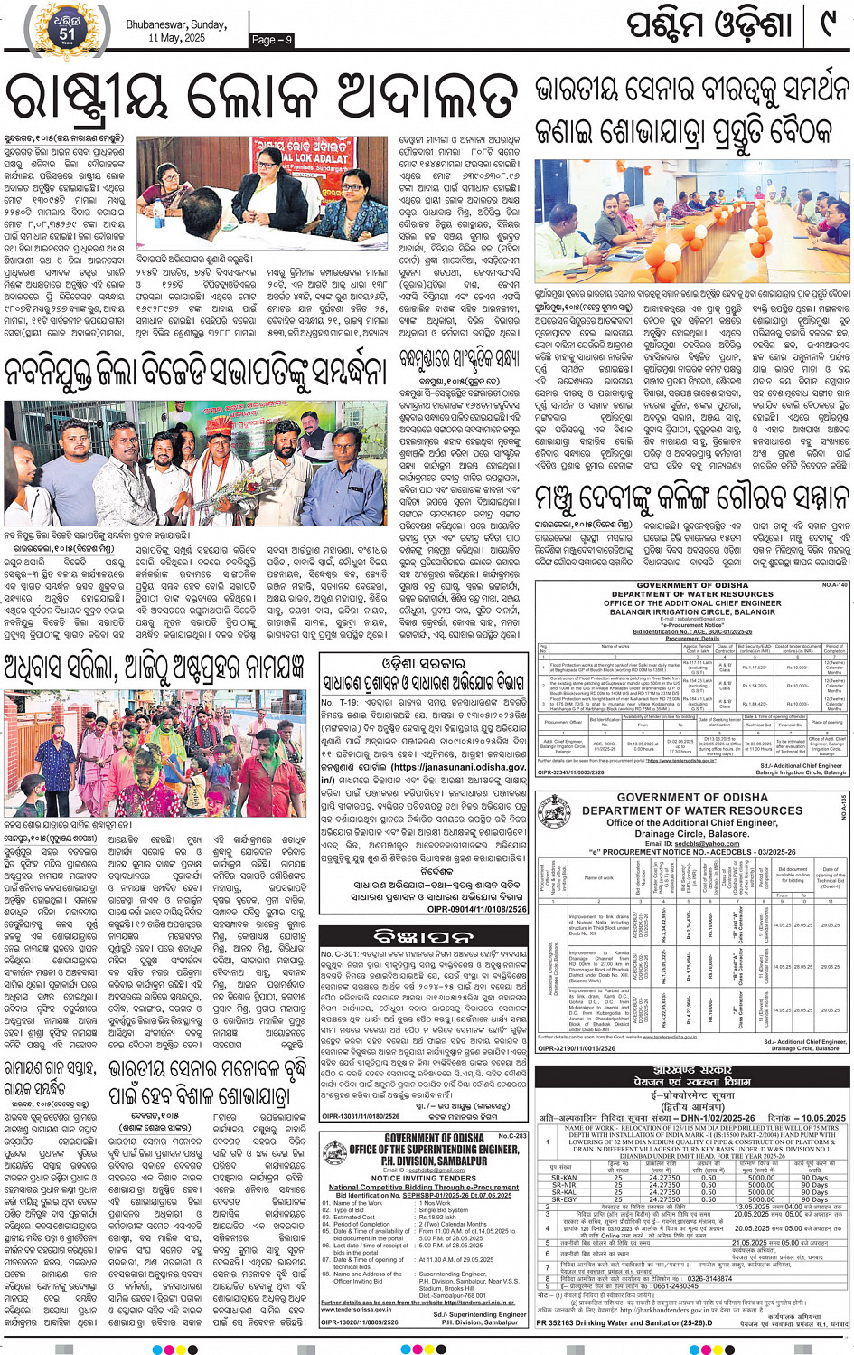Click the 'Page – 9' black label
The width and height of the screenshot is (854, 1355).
[x=272, y=40]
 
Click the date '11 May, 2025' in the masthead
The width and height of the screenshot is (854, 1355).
[x=177, y=38]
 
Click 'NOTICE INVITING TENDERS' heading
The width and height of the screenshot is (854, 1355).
[x=424, y=1179]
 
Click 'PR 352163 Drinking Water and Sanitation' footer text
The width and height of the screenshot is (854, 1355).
[x=624, y=1322]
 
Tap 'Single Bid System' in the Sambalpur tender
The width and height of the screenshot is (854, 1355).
[x=444, y=1209]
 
